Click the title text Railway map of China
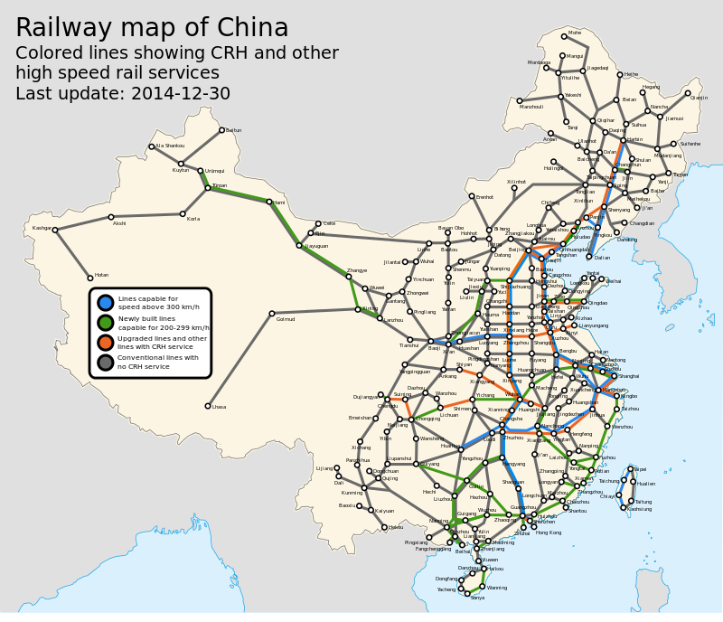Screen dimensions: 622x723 [152, 28]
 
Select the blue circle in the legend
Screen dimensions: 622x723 [106, 303]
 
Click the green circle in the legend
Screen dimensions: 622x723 [106, 323]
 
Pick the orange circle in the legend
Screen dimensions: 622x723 [106, 343]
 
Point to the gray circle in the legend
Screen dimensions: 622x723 [106, 363]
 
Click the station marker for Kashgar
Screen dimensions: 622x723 [55, 230]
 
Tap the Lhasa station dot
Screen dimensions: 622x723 [208, 406]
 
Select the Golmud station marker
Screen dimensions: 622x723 [272, 314]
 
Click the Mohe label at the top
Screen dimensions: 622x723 [575, 33]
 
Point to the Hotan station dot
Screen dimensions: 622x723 [90, 277]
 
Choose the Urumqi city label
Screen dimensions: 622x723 [214, 171]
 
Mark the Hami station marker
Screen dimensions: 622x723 [269, 202]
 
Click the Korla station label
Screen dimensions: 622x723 [192, 219]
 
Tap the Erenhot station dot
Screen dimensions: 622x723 [472, 196]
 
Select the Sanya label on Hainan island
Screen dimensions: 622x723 [477, 598]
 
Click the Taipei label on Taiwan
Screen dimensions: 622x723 [639, 469]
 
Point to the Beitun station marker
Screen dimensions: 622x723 [221, 130]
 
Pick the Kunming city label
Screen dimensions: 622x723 [352, 493]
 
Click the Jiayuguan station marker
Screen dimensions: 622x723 [299, 245]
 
